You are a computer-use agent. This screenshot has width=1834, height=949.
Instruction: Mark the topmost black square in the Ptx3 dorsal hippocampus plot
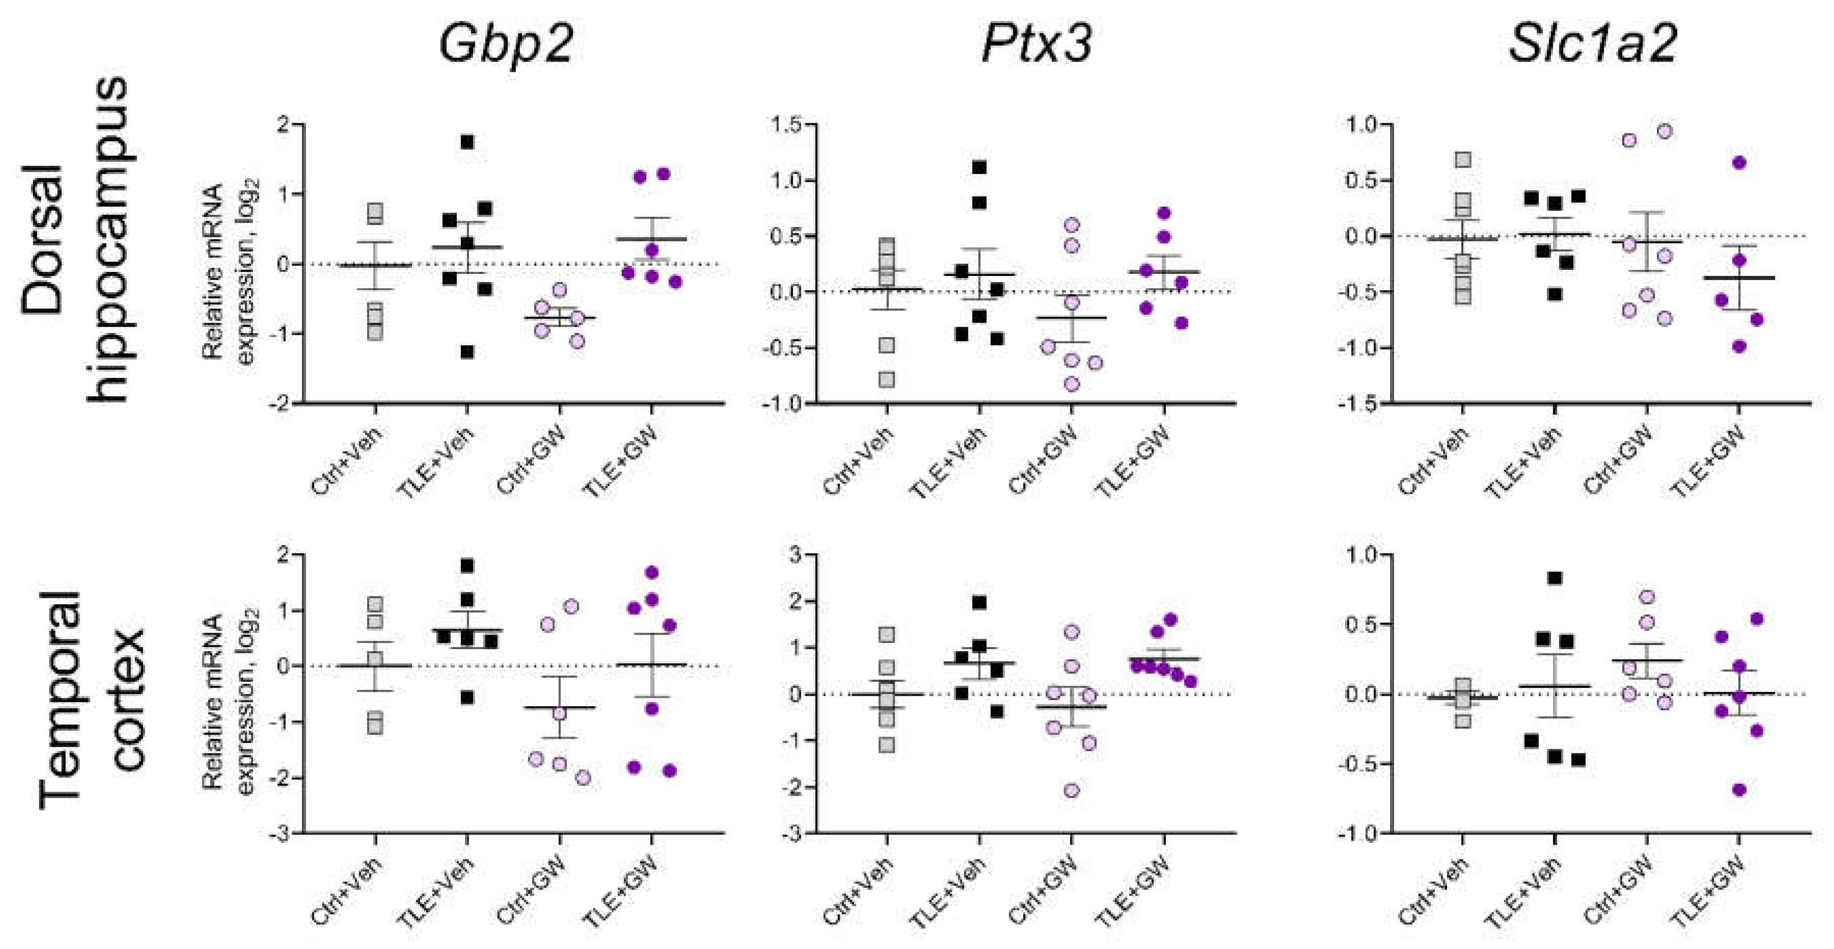[x=979, y=168]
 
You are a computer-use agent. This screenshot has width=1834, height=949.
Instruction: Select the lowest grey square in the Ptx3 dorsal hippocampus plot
[x=886, y=379]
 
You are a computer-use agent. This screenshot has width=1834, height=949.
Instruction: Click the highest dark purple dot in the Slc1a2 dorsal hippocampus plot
[x=1739, y=162]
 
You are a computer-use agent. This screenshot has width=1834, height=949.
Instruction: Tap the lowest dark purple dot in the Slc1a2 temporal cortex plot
[x=1739, y=790]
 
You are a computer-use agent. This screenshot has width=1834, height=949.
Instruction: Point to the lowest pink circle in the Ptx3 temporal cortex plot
[x=1071, y=790]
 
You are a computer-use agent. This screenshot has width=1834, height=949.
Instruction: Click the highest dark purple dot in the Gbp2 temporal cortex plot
[x=651, y=572]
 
